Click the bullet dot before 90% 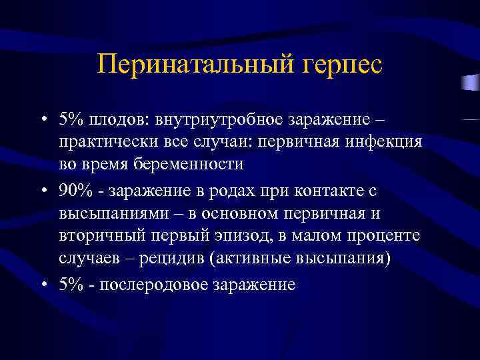point(43,191)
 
